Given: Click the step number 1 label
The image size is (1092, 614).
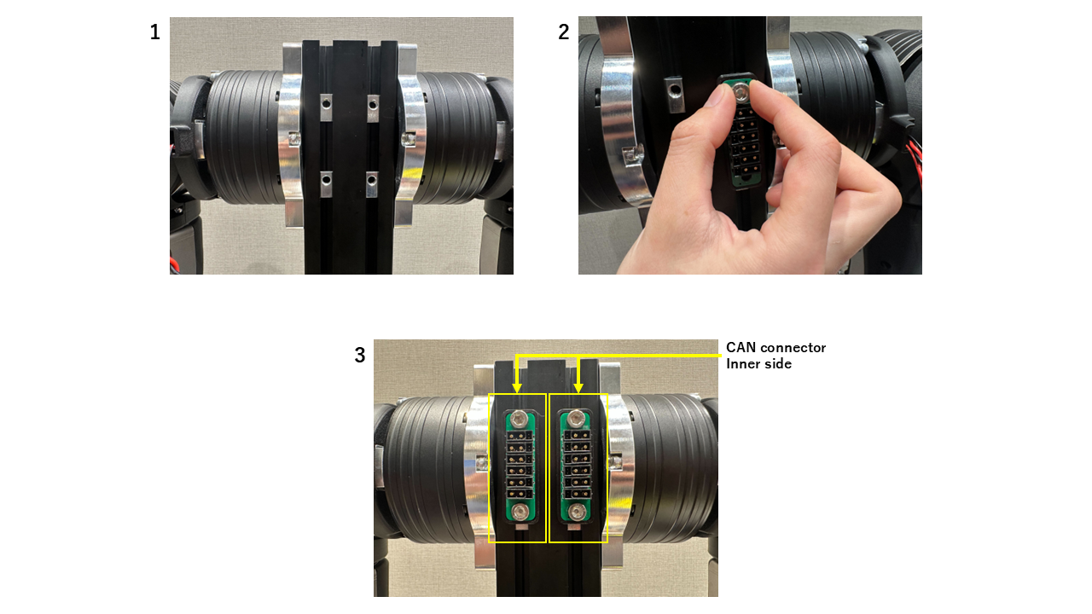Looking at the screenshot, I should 154,33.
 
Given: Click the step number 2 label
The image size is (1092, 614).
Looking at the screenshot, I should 564,33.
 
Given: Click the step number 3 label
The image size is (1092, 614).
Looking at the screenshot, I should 360,356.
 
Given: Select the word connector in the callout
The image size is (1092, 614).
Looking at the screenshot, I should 793,348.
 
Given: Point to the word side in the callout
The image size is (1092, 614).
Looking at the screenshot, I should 779,364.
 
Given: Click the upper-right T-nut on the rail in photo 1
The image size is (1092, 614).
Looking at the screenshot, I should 373,104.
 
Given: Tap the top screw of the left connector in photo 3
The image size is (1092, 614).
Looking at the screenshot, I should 519,419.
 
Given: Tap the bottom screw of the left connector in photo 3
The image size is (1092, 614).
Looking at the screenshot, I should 519,513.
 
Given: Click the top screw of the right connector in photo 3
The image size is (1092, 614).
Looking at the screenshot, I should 578,419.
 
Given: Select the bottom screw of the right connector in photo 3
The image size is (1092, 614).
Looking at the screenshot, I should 578,513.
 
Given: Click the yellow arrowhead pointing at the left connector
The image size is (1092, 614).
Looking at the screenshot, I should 518,388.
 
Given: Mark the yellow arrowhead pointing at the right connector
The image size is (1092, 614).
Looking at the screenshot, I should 578,388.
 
